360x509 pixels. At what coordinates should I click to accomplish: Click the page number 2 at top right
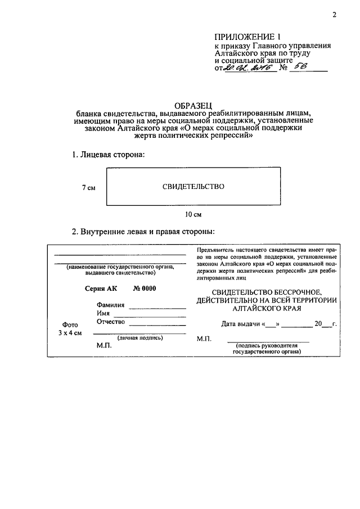[334, 15]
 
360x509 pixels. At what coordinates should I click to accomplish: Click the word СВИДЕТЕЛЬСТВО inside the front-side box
[193, 187]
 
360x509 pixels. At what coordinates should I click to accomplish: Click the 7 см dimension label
[88, 188]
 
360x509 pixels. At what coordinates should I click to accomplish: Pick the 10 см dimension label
[193, 214]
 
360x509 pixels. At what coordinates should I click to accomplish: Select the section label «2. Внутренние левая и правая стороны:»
[143, 232]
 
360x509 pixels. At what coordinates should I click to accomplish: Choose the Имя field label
[103, 313]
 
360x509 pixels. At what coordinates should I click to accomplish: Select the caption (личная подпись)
[140, 338]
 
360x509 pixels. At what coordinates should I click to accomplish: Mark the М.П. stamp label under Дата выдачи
[203, 339]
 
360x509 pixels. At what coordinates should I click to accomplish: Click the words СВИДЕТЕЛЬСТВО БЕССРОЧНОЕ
[267, 292]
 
